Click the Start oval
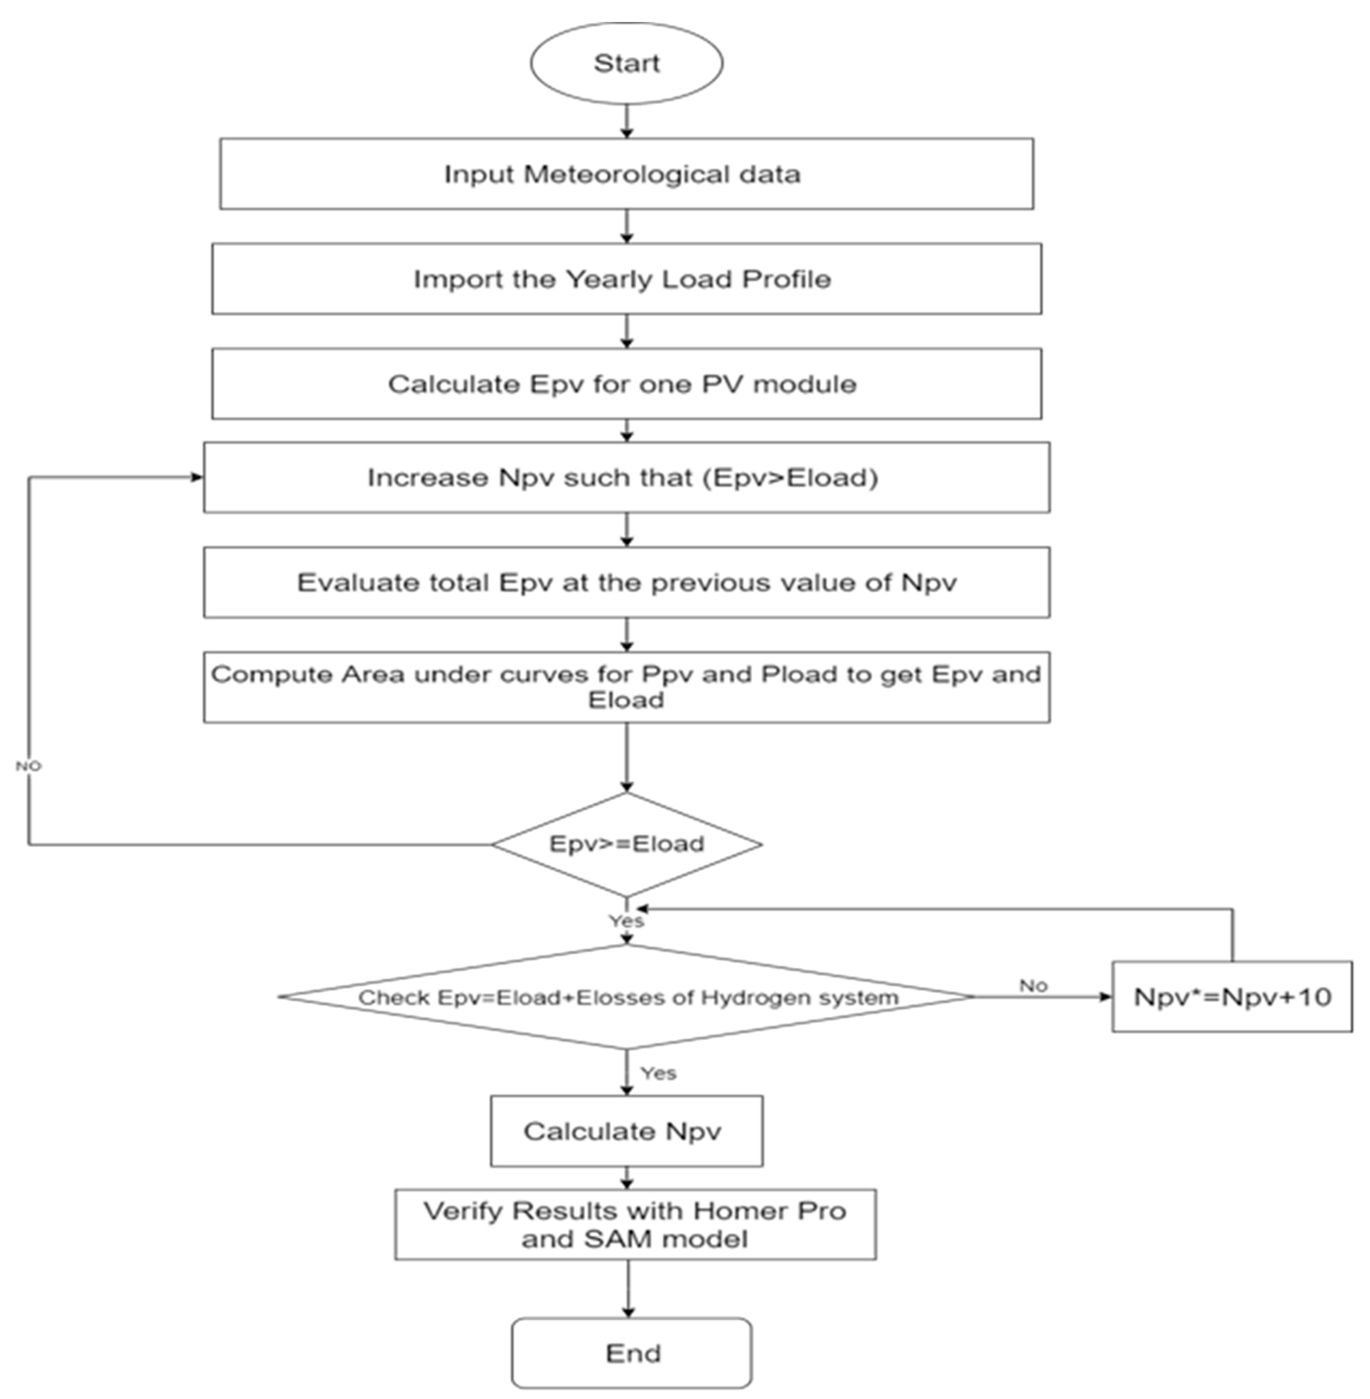[x=626, y=63]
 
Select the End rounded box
[x=631, y=1353]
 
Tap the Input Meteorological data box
[x=626, y=174]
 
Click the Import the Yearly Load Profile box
[x=626, y=279]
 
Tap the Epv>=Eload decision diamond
[x=626, y=844]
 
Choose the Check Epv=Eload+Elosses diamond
[x=626, y=997]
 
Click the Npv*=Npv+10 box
[x=1232, y=997]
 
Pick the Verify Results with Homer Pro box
[x=635, y=1224]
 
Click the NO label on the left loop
[x=29, y=766]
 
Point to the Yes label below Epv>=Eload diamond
[x=626, y=921]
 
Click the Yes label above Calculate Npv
[x=658, y=1073]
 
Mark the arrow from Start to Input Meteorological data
[x=627, y=121]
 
